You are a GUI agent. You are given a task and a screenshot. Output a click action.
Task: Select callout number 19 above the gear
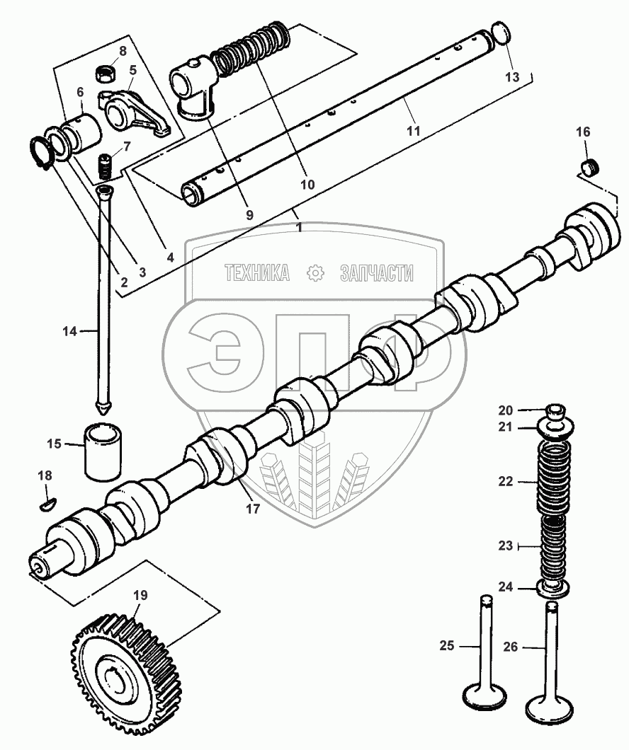(x=140, y=595)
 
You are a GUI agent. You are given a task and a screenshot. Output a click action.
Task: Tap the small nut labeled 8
(x=106, y=72)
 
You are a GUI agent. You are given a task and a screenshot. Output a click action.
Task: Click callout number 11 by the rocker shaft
(x=413, y=130)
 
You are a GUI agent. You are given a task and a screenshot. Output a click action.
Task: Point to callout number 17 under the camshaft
(x=252, y=508)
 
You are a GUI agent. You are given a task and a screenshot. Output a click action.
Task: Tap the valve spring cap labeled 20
(x=556, y=410)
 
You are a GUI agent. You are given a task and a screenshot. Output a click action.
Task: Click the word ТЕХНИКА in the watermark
(x=257, y=272)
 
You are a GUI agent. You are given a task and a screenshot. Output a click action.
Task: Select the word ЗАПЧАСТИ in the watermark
(x=376, y=272)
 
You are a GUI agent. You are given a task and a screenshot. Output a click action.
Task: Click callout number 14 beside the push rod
(x=69, y=330)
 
